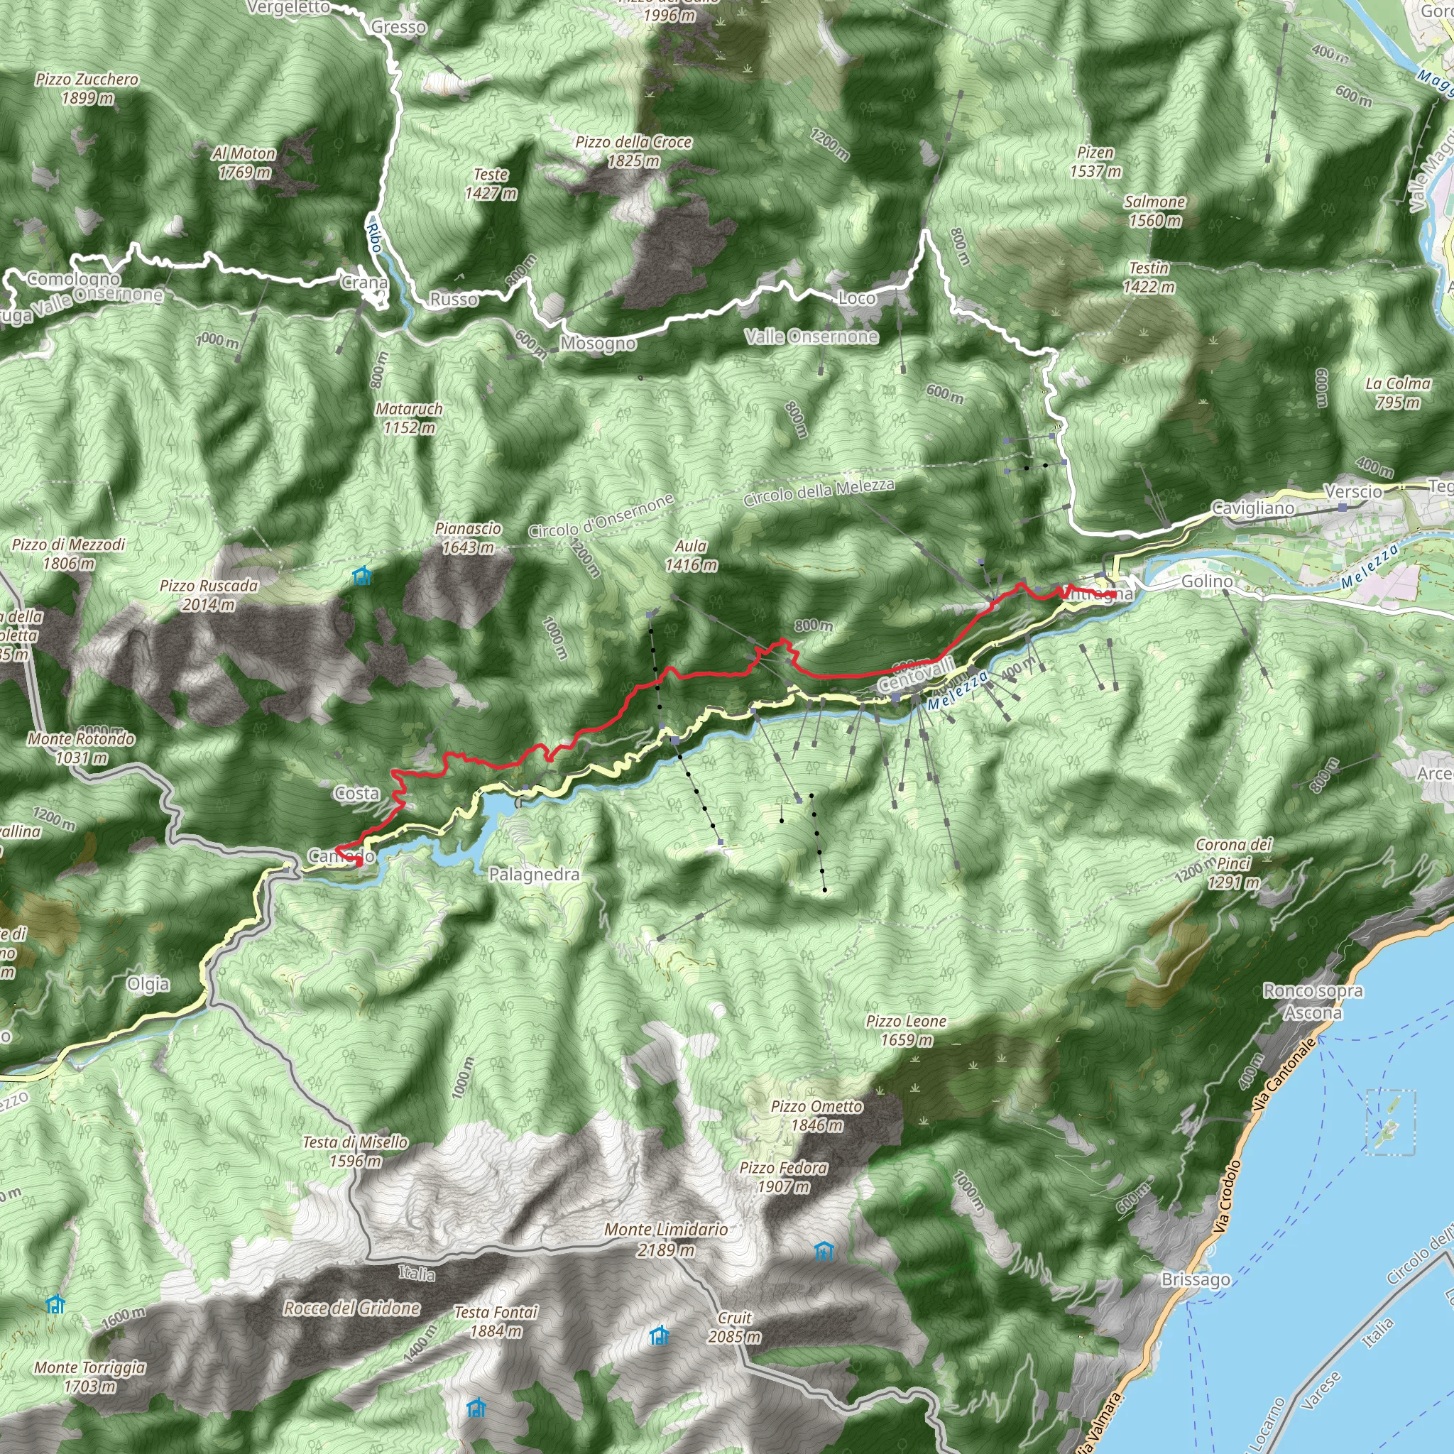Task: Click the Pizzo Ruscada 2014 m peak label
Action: click(209, 594)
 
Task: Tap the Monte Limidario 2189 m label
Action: click(666, 1240)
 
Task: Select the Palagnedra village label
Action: click(534, 875)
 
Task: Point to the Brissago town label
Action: click(1195, 1279)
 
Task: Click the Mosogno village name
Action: click(598, 344)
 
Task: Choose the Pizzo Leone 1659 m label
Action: click(906, 1030)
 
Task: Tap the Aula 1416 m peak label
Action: click(691, 555)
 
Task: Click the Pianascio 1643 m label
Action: click(467, 538)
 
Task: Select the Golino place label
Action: click(1207, 581)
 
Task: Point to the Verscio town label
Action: click(1353, 491)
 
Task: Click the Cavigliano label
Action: click(1253, 508)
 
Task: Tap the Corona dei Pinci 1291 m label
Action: click(1233, 863)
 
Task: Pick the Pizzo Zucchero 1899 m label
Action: click(87, 88)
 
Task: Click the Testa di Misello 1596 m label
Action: click(355, 1152)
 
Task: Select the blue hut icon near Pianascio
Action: click(362, 576)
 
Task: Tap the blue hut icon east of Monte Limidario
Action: click(825, 1252)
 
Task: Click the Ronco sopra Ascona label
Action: click(1313, 1002)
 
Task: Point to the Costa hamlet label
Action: click(356, 793)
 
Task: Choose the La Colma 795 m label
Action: click(1397, 393)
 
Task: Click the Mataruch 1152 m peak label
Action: click(409, 418)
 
